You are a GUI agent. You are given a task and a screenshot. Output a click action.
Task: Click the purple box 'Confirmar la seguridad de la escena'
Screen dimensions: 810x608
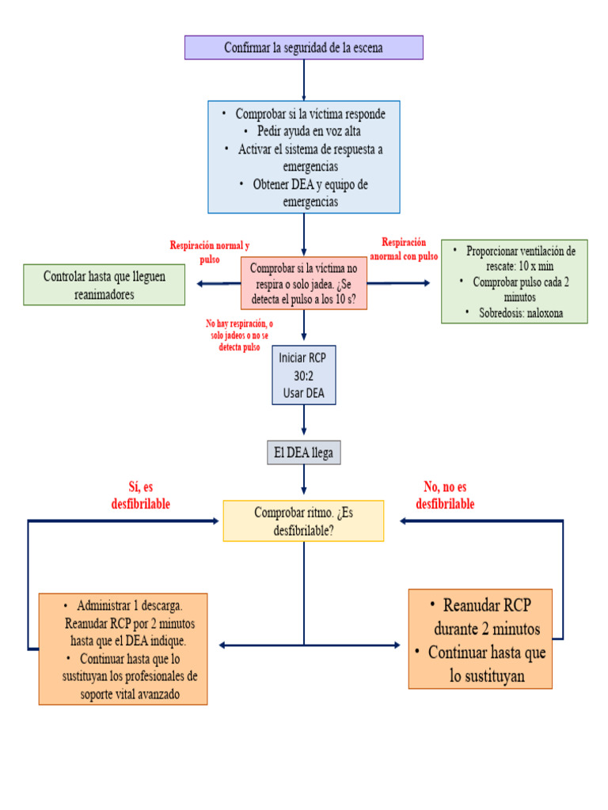(304, 47)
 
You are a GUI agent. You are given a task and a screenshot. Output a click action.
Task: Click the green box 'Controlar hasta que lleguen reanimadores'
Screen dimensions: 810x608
(104, 285)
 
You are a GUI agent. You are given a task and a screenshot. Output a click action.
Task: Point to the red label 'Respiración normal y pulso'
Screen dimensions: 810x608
(210, 252)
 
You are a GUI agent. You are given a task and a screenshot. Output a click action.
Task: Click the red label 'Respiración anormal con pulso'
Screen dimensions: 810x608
(404, 249)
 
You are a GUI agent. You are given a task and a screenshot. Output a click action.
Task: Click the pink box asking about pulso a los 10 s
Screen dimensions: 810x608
(304, 284)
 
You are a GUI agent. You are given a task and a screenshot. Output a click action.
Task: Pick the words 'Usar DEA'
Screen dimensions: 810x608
(304, 393)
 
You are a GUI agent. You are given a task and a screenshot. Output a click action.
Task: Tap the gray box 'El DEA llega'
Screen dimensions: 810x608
(304, 453)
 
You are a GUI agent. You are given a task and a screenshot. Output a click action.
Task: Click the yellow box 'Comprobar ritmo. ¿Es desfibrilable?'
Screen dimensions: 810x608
(304, 520)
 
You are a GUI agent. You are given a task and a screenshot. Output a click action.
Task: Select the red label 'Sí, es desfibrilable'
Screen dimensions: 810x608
(140, 496)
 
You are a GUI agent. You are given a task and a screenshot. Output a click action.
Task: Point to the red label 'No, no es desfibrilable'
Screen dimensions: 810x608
(445, 496)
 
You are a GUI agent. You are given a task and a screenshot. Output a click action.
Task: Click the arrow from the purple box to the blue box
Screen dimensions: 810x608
(304, 79)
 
